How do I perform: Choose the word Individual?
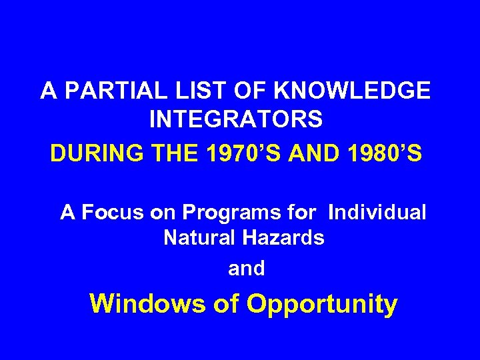coord(377,213)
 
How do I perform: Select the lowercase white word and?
coord(246,269)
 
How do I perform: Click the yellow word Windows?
coord(148,304)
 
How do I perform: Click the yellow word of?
coord(226,304)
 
